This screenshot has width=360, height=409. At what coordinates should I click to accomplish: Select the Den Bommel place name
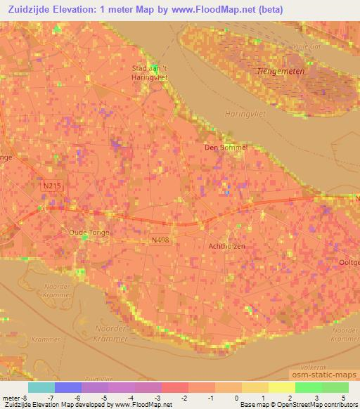[226, 148]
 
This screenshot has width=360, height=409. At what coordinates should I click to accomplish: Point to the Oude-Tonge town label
[87, 231]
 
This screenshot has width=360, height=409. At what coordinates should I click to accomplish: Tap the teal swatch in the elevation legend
[41, 387]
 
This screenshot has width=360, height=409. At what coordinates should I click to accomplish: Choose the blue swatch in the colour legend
[67, 387]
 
